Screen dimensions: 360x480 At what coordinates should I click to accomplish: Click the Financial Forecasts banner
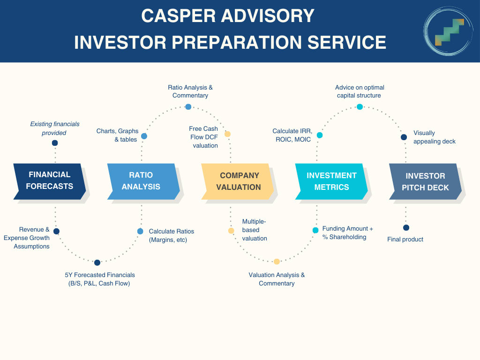coord(49,180)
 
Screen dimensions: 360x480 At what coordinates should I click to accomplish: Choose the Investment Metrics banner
coord(331,181)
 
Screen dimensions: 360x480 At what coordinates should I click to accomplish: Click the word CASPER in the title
coord(180,16)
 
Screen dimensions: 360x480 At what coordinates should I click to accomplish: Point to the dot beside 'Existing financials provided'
coord(55,143)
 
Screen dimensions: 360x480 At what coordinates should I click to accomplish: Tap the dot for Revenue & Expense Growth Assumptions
coord(56,231)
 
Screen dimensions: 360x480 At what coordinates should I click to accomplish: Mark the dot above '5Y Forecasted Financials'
coord(97,262)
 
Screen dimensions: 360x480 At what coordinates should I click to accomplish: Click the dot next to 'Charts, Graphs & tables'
coord(144,136)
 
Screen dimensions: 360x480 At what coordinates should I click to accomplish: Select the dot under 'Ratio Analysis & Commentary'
coord(188,107)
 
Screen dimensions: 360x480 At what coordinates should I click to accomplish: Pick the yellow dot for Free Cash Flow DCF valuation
coord(227,134)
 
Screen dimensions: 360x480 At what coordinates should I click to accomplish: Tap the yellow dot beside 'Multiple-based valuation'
coord(231,231)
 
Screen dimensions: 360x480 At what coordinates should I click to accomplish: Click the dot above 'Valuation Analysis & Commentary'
coord(277,262)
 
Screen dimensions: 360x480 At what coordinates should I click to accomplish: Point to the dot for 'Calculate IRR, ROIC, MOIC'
coord(320,135)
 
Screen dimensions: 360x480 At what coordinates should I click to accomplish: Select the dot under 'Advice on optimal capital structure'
coord(360,107)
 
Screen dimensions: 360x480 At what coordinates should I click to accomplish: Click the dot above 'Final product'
coord(406,228)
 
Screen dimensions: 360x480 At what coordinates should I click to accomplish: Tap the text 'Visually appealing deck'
coord(434,137)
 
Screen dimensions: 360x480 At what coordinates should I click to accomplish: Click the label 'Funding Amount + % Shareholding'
coord(347,232)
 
